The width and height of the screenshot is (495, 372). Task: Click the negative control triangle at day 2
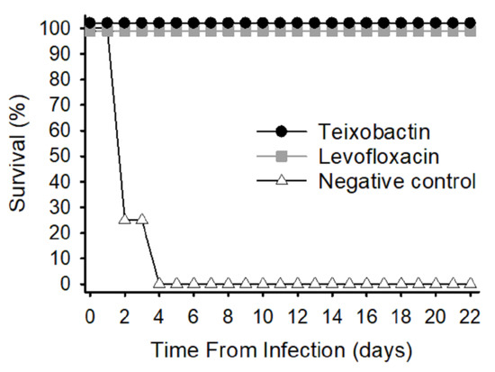click(124, 219)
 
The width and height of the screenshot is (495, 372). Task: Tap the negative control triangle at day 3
click(141, 219)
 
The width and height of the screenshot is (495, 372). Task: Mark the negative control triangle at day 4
click(158, 283)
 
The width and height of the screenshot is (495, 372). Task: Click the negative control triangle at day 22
click(470, 283)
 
